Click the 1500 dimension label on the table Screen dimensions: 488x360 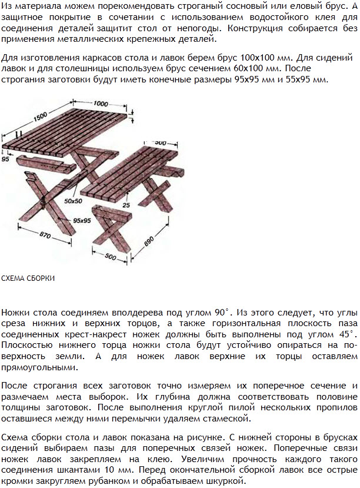(40, 117)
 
